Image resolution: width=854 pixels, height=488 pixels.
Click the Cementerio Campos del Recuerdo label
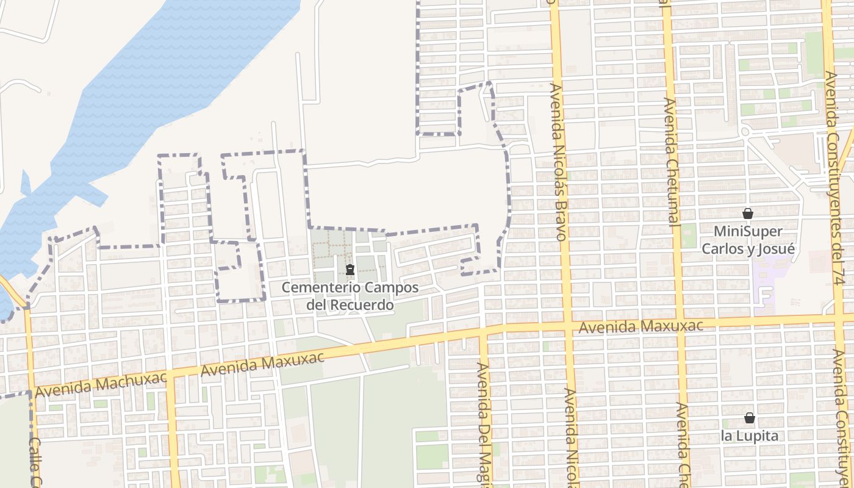(x=350, y=295)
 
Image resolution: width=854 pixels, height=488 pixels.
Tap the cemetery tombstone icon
(x=350, y=270)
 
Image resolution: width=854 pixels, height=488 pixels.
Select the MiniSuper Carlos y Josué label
(x=748, y=240)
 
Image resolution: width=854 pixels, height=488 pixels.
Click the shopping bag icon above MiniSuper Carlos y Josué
(x=748, y=214)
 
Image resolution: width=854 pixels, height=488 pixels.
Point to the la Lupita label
(x=749, y=436)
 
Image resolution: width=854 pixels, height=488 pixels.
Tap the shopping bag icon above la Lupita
(x=749, y=418)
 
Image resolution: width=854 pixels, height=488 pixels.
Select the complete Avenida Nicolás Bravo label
(x=558, y=162)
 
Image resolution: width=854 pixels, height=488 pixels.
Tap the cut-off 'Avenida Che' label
(x=683, y=444)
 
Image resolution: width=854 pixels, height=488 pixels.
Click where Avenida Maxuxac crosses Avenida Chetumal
(x=679, y=323)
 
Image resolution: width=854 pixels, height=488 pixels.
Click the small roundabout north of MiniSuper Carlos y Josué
(x=745, y=132)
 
